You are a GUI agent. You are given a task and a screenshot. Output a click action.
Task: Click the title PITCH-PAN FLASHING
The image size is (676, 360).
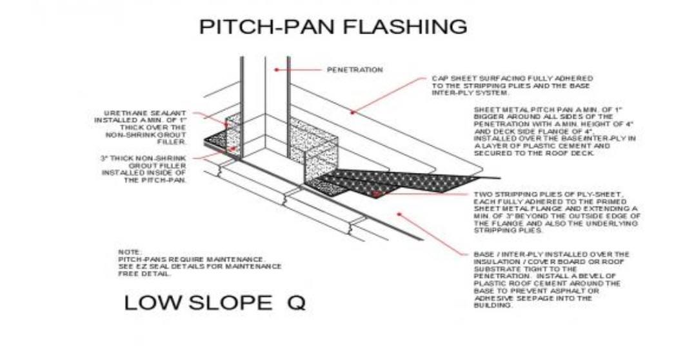point(333,26)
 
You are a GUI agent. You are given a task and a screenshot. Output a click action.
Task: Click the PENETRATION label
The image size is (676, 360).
point(355,70)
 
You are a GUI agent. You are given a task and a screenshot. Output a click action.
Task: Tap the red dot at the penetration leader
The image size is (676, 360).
point(277,70)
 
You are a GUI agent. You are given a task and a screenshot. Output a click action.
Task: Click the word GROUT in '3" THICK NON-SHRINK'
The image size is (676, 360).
point(141,166)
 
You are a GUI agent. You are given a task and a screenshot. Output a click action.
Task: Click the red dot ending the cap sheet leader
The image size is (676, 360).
point(352,112)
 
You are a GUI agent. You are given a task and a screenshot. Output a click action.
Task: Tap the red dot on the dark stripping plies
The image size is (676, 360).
point(376,194)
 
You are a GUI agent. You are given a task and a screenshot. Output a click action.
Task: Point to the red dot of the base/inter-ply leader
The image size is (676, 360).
point(399,214)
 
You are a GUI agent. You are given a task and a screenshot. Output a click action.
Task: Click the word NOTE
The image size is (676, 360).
point(130,252)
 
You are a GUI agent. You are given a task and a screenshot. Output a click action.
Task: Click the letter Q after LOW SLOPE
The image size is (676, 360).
point(296,303)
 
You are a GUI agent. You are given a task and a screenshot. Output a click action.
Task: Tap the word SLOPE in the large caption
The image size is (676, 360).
point(230,303)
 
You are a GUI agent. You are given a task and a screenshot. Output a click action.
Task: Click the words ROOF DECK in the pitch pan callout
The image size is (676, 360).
point(574,154)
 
